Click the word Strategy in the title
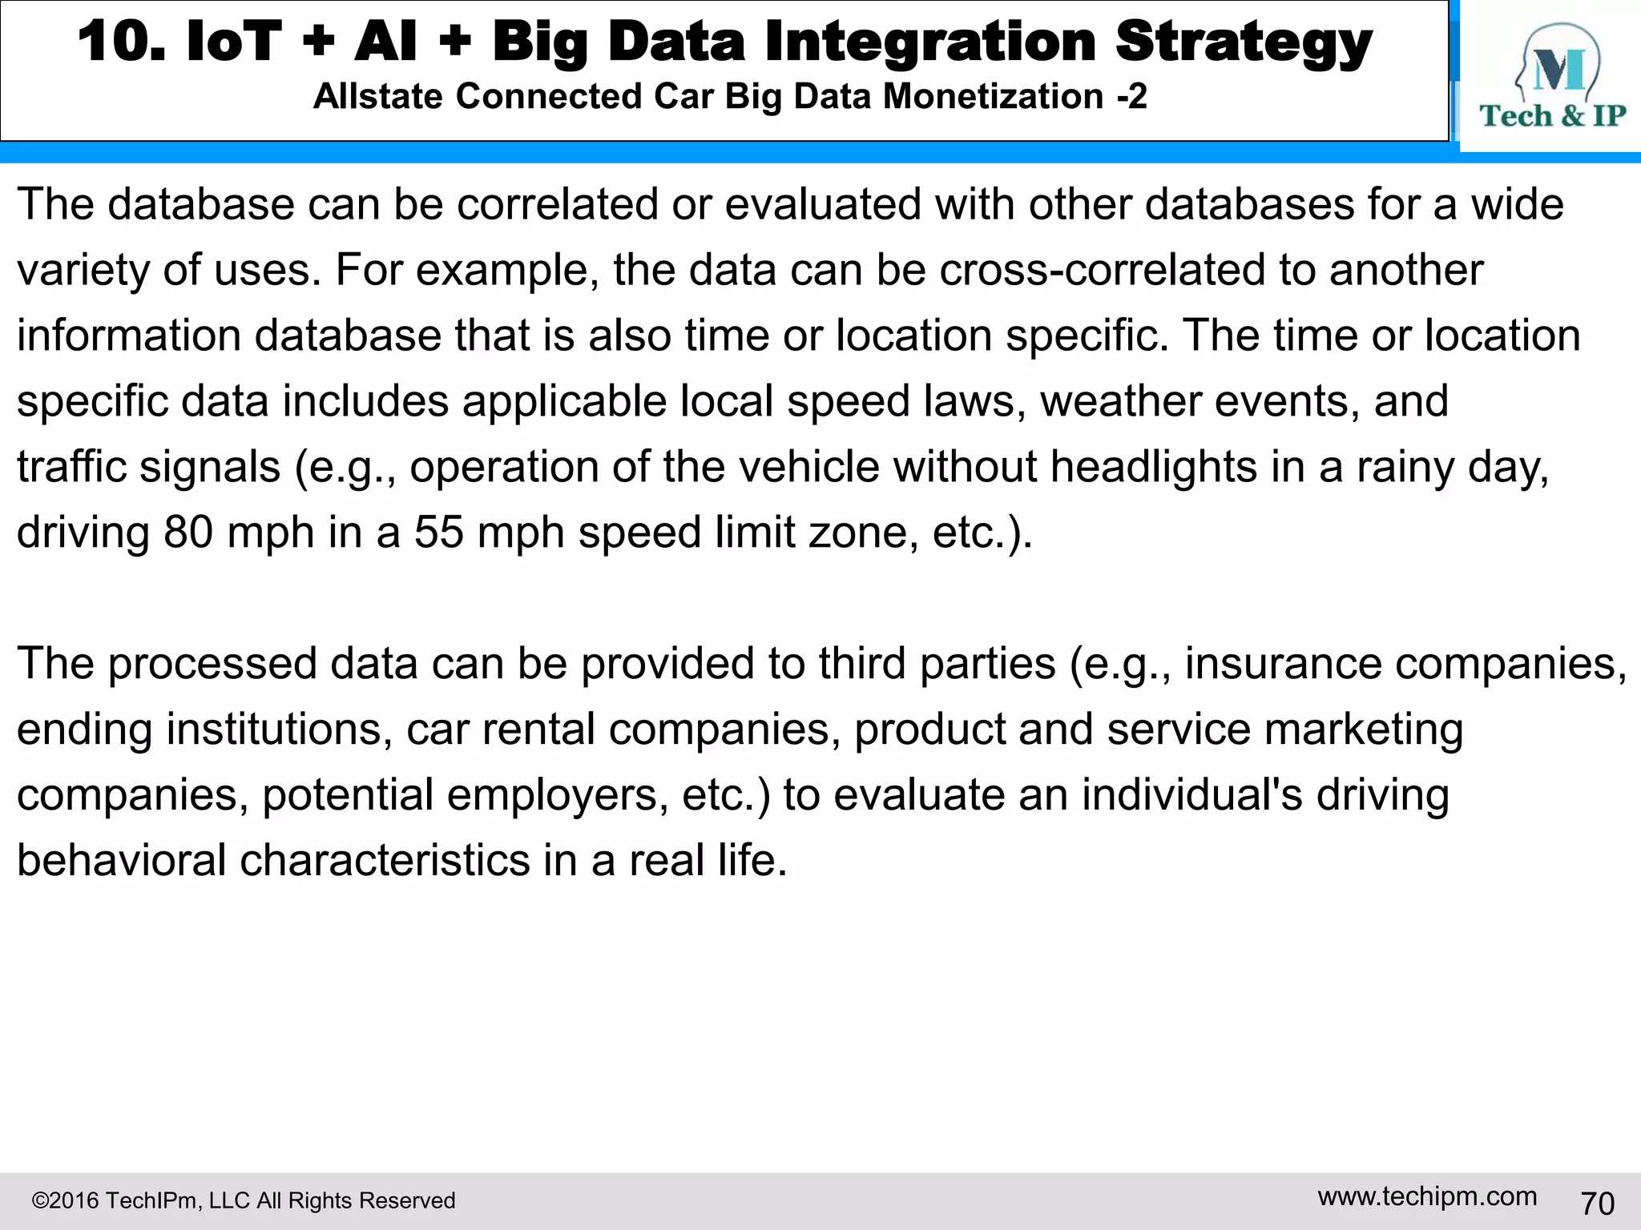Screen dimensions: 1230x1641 (x=1244, y=42)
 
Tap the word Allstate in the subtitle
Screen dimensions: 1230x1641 (x=377, y=97)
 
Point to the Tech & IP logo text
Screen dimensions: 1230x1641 (x=1552, y=116)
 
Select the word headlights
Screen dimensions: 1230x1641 (x=1154, y=467)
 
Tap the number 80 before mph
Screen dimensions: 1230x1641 (x=188, y=533)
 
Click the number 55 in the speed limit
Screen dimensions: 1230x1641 (x=438, y=533)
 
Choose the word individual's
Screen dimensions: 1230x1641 (x=1192, y=795)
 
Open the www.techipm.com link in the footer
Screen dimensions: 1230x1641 (x=1427, y=1196)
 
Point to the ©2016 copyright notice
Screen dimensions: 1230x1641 (x=243, y=1200)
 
